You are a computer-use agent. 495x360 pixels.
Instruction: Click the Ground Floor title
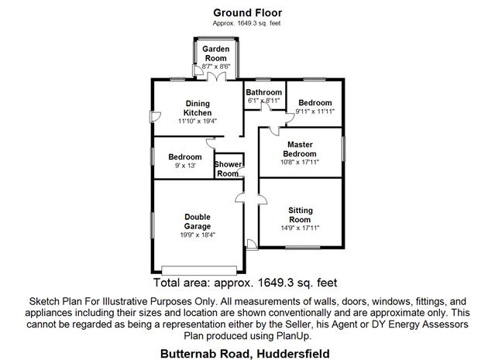[247, 12]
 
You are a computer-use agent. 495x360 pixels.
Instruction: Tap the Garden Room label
[215, 53]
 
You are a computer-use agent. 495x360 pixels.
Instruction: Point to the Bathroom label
[263, 92]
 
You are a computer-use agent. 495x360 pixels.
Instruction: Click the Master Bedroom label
[300, 149]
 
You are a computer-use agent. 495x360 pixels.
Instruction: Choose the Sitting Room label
[300, 214]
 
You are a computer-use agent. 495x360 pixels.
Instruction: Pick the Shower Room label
[228, 169]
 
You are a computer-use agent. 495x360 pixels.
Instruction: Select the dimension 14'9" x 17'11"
[300, 228]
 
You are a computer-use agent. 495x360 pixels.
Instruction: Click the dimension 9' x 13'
[184, 166]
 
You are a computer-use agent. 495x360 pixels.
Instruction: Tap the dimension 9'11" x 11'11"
[315, 112]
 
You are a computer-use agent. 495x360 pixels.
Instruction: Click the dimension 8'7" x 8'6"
[215, 67]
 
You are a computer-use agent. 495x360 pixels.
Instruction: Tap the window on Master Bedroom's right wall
[342, 149]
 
